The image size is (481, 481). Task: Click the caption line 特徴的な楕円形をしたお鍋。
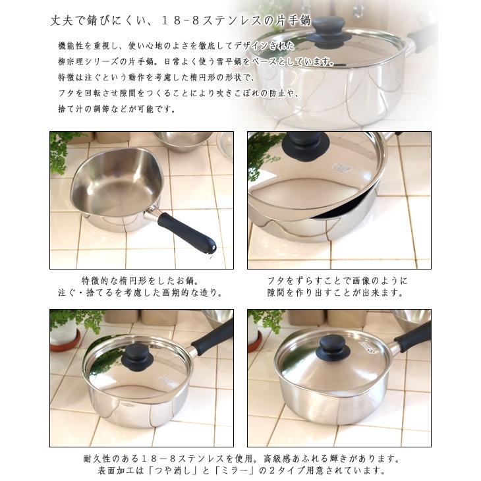[x=135, y=280]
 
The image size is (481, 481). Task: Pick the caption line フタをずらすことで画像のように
[x=337, y=280]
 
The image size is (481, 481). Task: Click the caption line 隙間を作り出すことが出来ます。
[x=337, y=293]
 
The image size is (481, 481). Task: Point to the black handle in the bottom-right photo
[x=411, y=336]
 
